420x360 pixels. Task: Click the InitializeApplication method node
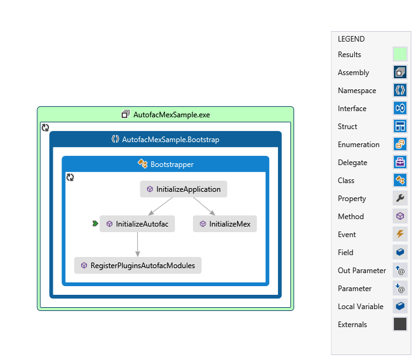click(x=184, y=189)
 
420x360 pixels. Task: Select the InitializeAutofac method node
click(x=137, y=223)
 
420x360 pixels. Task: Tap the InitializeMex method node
click(x=225, y=223)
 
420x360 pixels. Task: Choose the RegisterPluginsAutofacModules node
click(x=138, y=265)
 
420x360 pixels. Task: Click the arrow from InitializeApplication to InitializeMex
click(x=204, y=206)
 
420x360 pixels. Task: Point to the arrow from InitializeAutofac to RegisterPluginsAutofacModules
click(x=137, y=244)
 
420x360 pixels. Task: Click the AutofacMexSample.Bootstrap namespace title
click(x=165, y=140)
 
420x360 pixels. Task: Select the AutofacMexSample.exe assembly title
click(x=165, y=115)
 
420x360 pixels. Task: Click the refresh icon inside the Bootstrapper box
click(x=70, y=178)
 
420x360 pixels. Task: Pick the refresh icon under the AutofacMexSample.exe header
click(x=45, y=127)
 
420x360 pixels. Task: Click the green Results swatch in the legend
click(x=400, y=55)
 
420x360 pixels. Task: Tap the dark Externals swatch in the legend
click(x=400, y=324)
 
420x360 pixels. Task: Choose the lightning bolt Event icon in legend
click(x=400, y=234)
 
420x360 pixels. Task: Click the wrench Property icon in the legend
click(x=400, y=198)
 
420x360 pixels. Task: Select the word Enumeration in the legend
click(x=359, y=145)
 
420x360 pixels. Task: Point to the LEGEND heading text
click(x=351, y=38)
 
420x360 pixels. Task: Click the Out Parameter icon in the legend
click(x=400, y=270)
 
